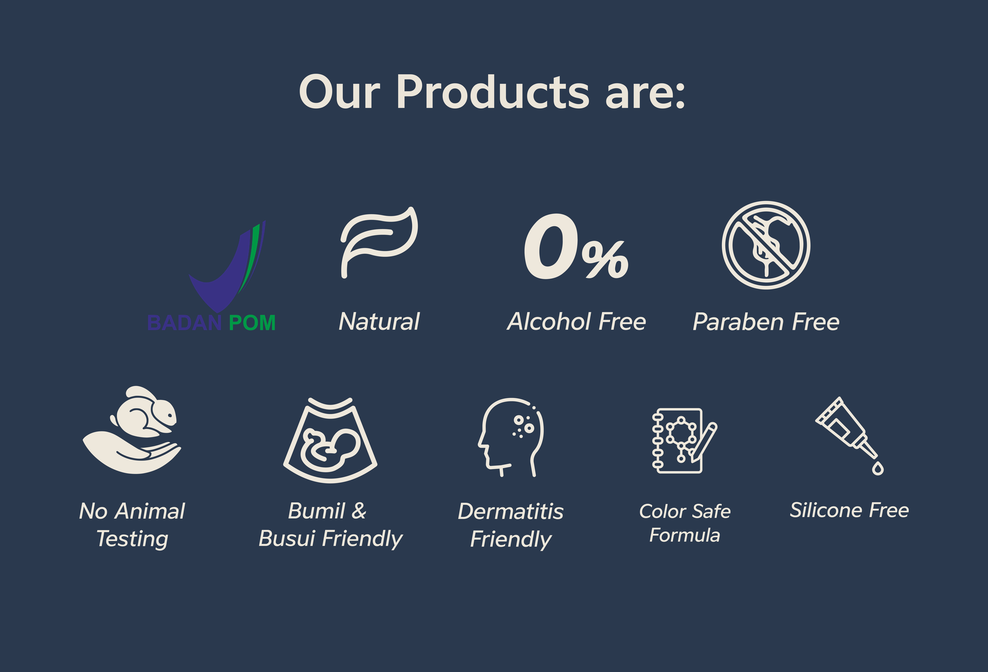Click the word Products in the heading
(x=493, y=92)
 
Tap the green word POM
(x=252, y=323)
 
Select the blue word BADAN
(x=184, y=323)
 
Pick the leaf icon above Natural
(x=378, y=242)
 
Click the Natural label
(x=379, y=321)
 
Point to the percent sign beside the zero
(x=605, y=260)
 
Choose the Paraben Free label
(x=766, y=321)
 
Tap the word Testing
(x=132, y=539)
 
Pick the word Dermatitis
(x=510, y=511)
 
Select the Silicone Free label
(x=849, y=510)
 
